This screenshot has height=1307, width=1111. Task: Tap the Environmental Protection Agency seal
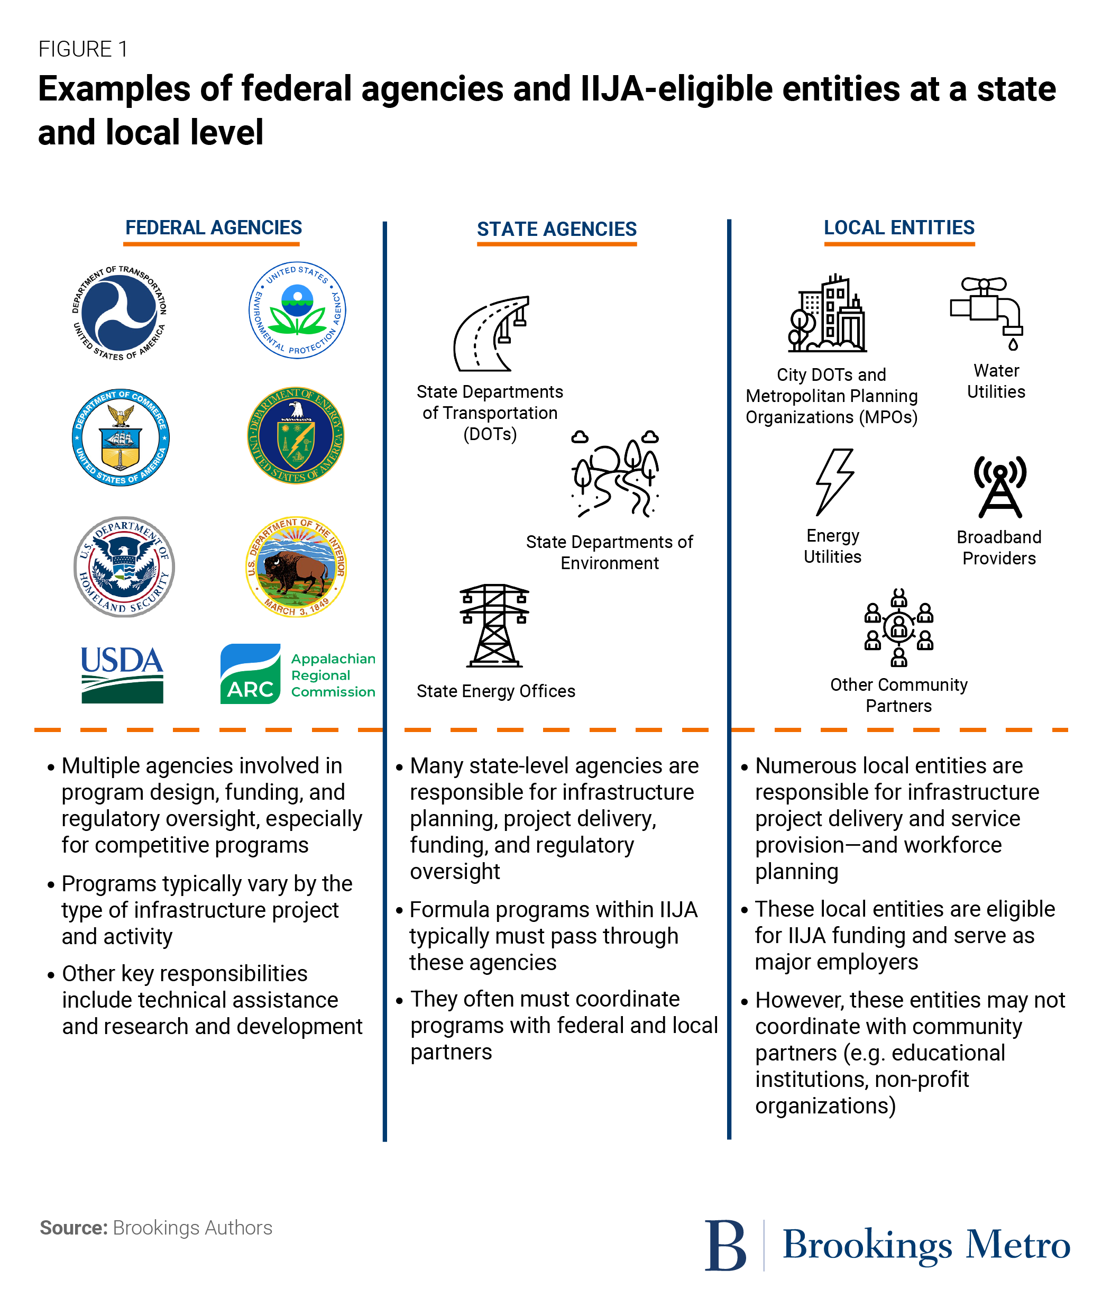[297, 310]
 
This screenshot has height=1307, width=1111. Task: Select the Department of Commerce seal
[120, 437]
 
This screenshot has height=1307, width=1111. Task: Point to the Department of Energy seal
[296, 435]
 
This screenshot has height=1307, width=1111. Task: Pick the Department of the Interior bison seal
[296, 566]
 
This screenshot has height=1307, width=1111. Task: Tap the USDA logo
[122, 674]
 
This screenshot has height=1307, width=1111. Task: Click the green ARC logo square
[250, 673]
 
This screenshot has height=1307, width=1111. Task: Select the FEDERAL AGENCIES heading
[214, 228]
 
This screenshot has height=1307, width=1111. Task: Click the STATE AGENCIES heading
[557, 229]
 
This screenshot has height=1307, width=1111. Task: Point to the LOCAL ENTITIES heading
[899, 228]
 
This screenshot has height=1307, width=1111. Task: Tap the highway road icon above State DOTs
[492, 334]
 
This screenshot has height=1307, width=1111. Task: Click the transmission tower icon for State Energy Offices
[494, 626]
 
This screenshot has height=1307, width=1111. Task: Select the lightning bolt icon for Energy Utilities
[834, 482]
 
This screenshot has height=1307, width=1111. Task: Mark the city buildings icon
[828, 314]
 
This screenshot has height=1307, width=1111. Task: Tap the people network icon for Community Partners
[899, 627]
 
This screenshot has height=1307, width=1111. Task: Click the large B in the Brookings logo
[725, 1245]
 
